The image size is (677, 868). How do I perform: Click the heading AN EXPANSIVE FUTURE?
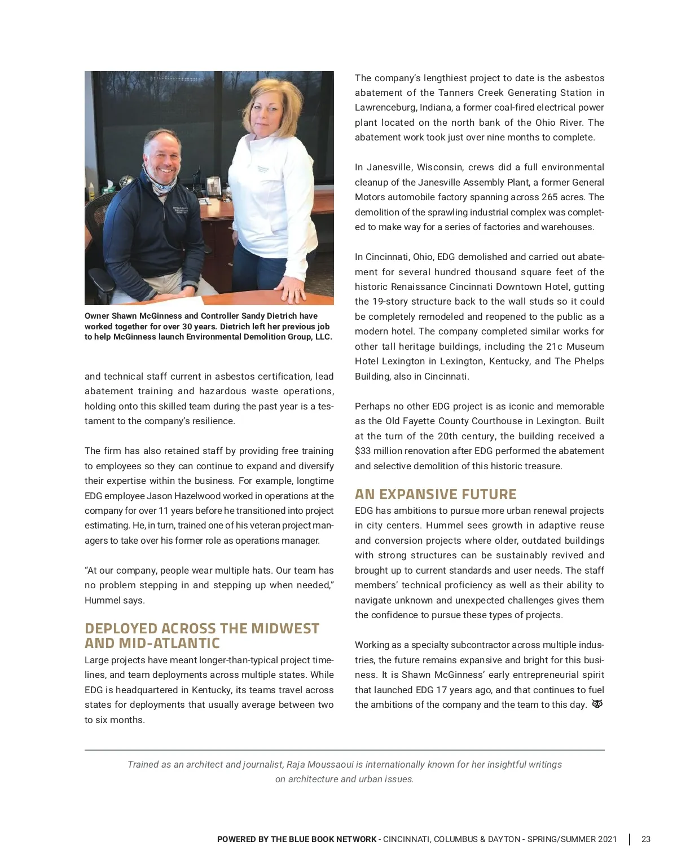coord(436,495)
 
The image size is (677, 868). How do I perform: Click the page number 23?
coord(646,839)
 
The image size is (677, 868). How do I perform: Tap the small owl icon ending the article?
coord(597,704)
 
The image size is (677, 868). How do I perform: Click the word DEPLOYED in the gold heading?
coord(121,629)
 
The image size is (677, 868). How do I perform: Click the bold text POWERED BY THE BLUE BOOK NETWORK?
coord(297,839)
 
